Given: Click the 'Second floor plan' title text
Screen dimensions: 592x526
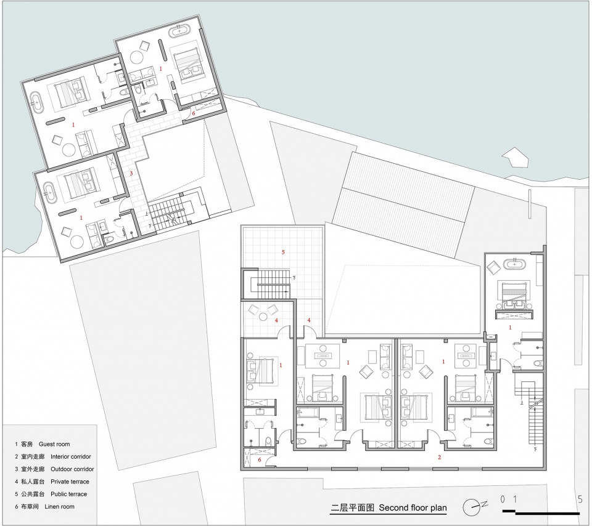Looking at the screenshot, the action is click(413, 508).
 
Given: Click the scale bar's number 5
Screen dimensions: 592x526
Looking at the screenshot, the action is click(580, 499).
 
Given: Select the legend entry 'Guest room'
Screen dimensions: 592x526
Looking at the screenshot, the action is click(54, 444).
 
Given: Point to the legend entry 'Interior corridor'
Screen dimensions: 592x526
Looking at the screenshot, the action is click(70, 456).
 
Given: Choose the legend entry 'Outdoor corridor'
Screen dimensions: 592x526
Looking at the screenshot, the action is click(72, 469).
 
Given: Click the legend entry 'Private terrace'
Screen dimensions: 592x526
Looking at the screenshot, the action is click(70, 482).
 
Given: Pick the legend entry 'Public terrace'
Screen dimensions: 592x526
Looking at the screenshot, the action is click(68, 494).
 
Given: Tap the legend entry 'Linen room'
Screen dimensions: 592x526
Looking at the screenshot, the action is click(59, 506).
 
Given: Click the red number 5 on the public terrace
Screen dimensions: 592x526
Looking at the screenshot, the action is click(283, 253).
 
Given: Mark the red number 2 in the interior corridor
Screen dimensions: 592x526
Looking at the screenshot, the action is click(439, 458).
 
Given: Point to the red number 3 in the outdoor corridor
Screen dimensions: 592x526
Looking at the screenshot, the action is click(131, 174).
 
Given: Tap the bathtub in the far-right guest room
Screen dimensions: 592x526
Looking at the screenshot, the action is click(514, 264).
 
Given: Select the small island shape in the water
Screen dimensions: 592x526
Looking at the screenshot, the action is click(514, 157).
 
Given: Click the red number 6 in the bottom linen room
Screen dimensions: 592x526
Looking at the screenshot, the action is click(260, 459).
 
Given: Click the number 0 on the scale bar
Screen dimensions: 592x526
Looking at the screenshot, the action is click(503, 499).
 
